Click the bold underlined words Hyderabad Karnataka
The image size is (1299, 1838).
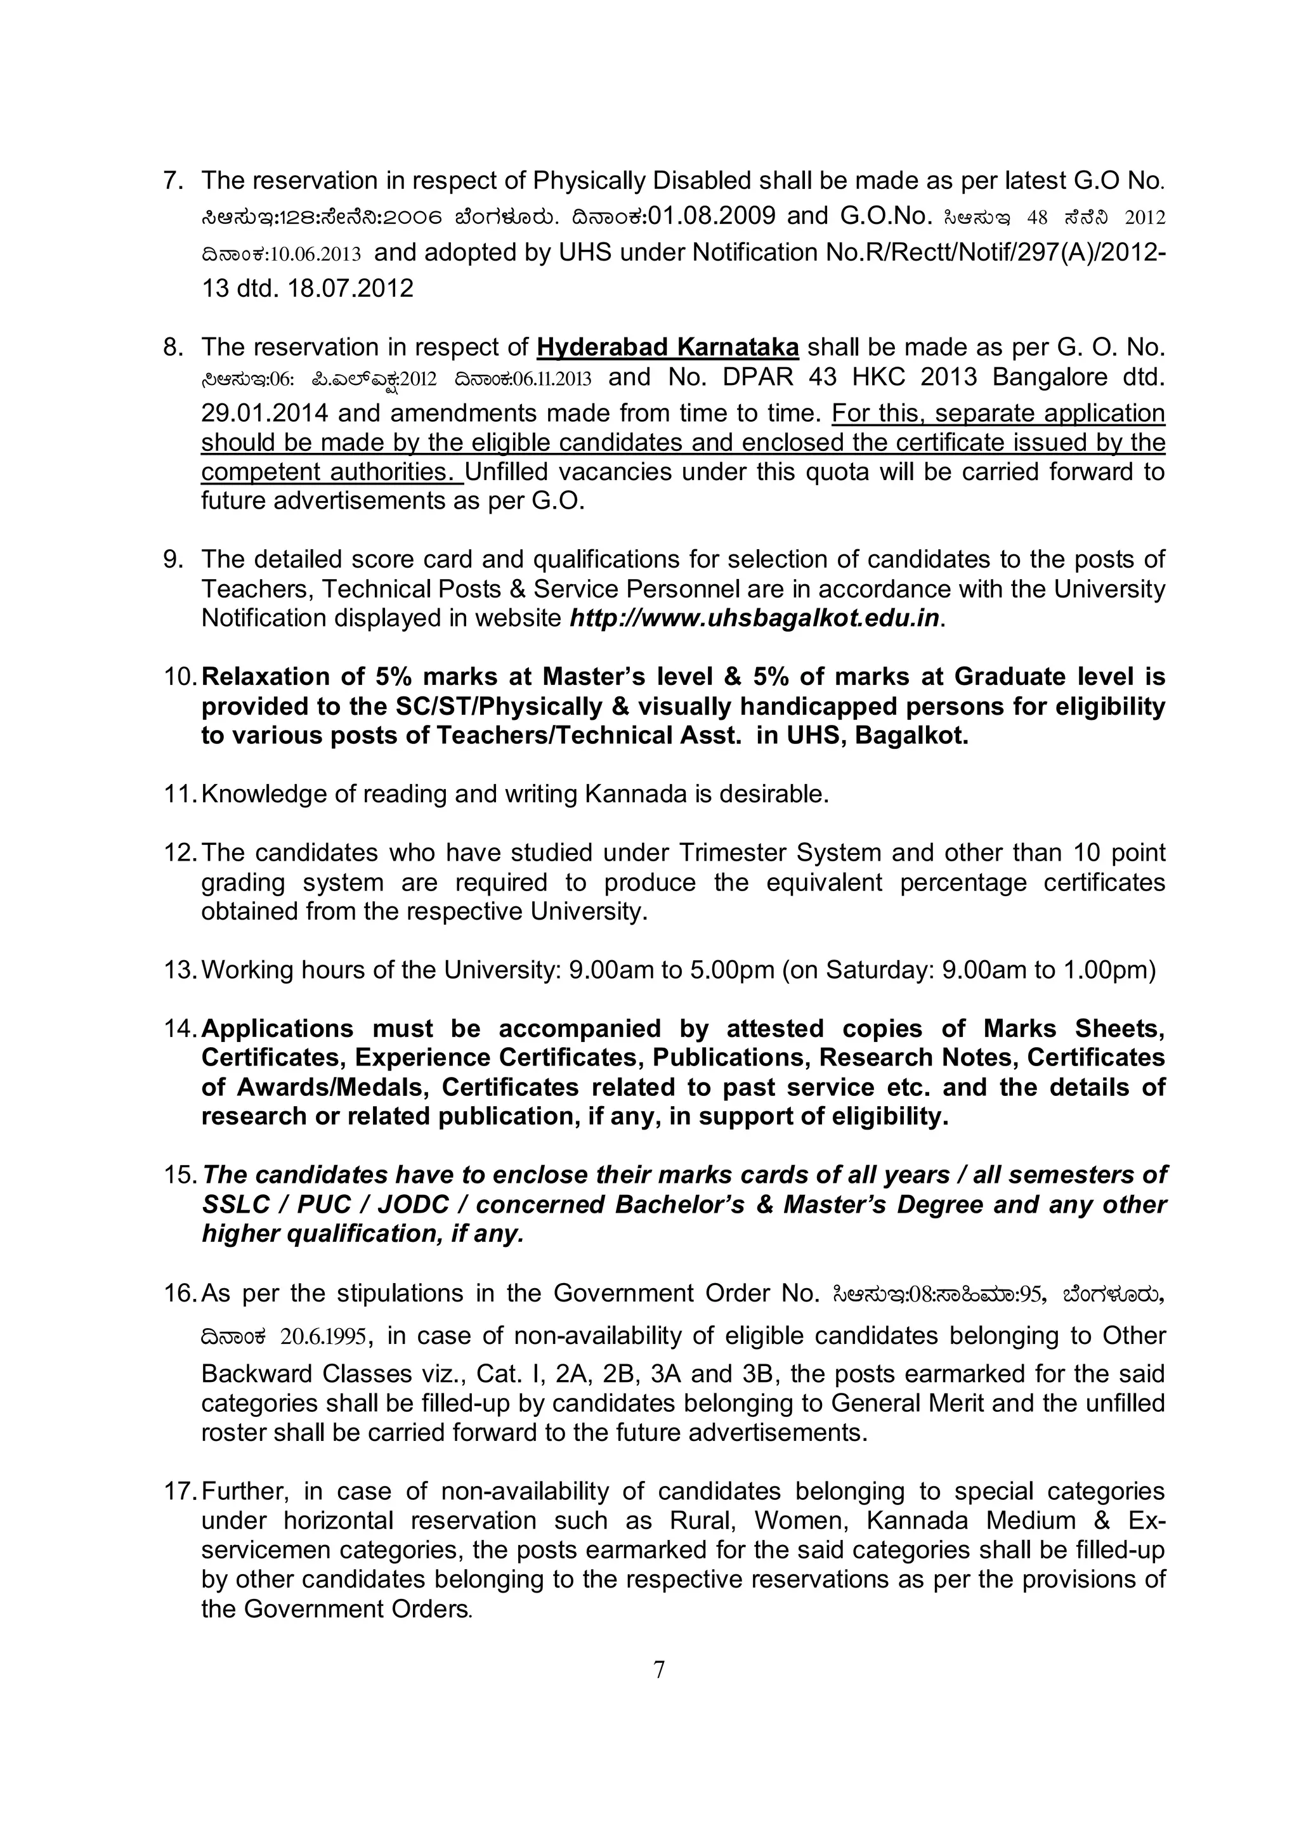pyautogui.click(x=667, y=348)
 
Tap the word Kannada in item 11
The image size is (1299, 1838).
pyautogui.click(x=636, y=794)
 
